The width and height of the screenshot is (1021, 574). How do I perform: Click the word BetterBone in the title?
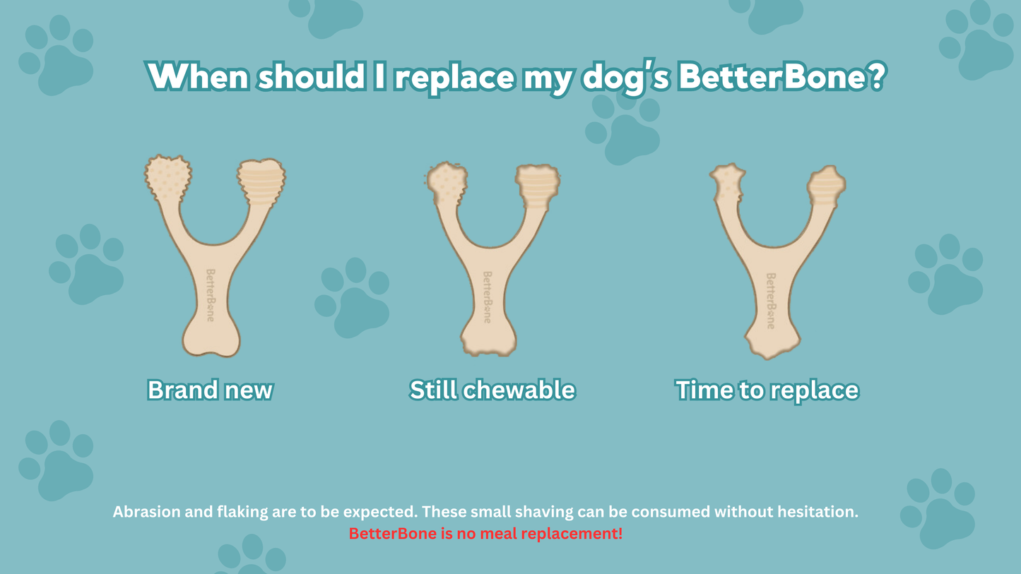(771, 76)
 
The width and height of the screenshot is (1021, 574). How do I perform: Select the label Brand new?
(210, 390)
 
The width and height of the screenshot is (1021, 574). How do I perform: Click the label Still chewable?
(492, 390)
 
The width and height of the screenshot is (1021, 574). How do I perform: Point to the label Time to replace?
(767, 390)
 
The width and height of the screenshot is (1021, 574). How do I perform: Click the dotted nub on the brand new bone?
(168, 178)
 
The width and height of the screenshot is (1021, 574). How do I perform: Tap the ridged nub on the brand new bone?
(261, 182)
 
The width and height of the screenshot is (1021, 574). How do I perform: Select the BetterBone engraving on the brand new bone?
(210, 295)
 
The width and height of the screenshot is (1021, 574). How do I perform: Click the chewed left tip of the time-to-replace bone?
(728, 183)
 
